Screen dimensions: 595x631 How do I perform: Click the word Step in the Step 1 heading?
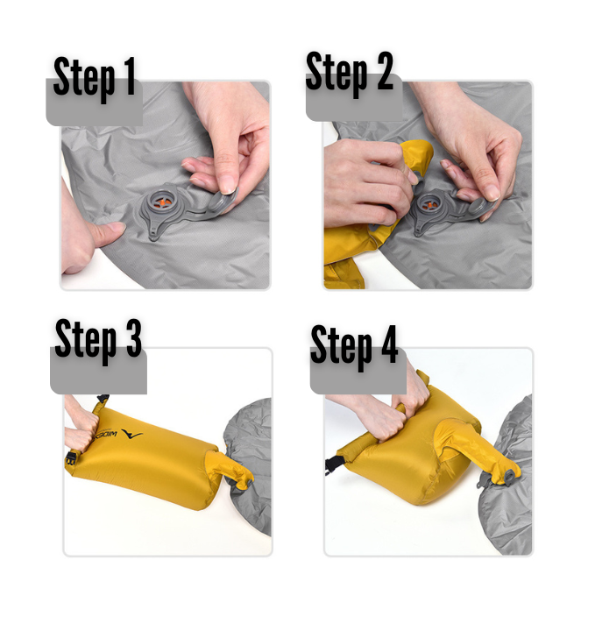coord(84,78)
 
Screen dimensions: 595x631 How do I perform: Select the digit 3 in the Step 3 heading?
coord(133,338)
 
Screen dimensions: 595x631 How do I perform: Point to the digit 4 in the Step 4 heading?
coord(389,344)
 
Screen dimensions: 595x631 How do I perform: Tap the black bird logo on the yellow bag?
coord(131,435)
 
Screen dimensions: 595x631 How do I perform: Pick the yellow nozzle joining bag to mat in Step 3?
coord(228,469)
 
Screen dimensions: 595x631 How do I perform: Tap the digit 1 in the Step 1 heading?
coord(129,75)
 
